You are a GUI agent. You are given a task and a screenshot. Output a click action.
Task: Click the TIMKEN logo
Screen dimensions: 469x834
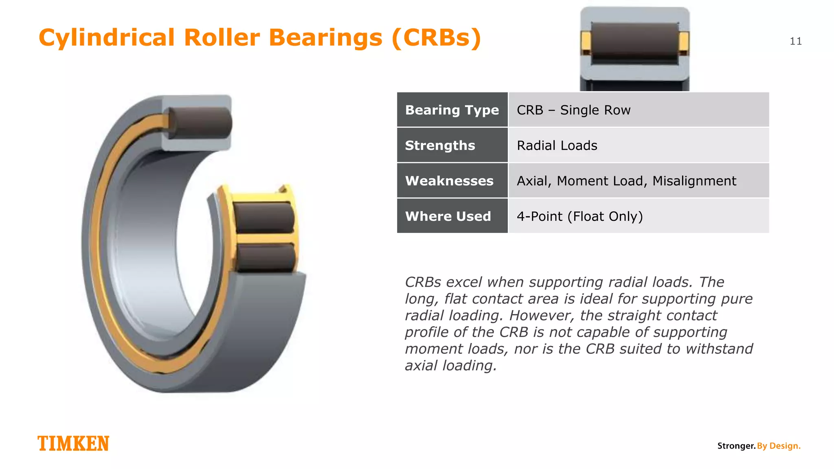[x=73, y=443]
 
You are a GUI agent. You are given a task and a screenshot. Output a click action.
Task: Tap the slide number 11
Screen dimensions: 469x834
[x=795, y=41]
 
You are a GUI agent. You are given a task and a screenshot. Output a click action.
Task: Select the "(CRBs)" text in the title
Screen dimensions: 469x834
[x=436, y=37]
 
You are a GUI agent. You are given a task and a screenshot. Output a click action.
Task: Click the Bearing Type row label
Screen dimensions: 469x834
[x=452, y=110]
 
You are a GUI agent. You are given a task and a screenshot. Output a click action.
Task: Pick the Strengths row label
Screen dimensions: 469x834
[x=440, y=145]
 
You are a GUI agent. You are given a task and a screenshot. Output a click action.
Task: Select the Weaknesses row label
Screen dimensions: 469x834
[x=449, y=181]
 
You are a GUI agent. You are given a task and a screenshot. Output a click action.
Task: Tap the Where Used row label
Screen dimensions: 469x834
[x=448, y=216]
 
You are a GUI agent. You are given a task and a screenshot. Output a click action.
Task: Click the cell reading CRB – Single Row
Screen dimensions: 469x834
[x=573, y=110]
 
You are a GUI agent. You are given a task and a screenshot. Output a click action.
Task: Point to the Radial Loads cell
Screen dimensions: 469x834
[x=557, y=145]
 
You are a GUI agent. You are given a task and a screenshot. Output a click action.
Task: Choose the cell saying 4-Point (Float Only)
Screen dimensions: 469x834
[x=579, y=216]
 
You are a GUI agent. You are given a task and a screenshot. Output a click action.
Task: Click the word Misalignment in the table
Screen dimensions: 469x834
[x=694, y=181]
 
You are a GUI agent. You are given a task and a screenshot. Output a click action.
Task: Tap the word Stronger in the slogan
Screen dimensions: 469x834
[x=736, y=446]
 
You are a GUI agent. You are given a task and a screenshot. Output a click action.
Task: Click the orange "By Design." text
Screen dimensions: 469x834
[x=779, y=446]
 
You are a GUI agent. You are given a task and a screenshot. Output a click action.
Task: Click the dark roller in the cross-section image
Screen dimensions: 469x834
[x=634, y=42]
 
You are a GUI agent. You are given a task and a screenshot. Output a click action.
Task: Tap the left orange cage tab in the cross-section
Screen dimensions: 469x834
[x=586, y=42]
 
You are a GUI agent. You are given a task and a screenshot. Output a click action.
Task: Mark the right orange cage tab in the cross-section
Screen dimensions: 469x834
[x=684, y=42]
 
